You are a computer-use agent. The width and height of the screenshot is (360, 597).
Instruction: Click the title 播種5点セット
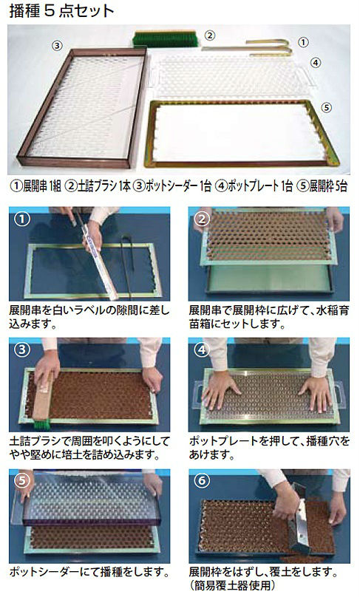tap(61, 10)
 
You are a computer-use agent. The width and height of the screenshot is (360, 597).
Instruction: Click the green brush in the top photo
tap(165, 39)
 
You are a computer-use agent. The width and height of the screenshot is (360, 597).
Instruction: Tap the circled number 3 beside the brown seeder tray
tap(57, 46)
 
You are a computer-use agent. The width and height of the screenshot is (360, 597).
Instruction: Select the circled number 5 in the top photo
tap(326, 108)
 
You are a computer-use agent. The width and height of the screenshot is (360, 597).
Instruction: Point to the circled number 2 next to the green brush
tap(209, 35)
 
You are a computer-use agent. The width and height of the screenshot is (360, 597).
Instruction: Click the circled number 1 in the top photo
tap(303, 42)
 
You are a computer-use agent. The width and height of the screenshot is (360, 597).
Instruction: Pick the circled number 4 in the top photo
tap(316, 63)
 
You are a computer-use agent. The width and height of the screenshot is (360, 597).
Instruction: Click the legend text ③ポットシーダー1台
tap(173, 185)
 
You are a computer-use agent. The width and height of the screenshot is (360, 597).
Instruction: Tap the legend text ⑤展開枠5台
tap(322, 185)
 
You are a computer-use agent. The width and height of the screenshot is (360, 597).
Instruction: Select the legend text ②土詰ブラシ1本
tap(98, 185)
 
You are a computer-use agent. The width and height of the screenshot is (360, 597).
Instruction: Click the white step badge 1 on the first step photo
tap(22, 219)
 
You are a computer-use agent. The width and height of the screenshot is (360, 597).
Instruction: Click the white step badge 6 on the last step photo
tap(202, 481)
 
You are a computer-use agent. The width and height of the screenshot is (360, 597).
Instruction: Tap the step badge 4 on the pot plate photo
tap(202, 349)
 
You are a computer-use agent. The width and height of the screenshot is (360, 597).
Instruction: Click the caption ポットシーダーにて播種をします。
tap(89, 573)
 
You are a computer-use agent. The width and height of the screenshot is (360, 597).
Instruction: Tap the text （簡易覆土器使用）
tap(231, 586)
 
